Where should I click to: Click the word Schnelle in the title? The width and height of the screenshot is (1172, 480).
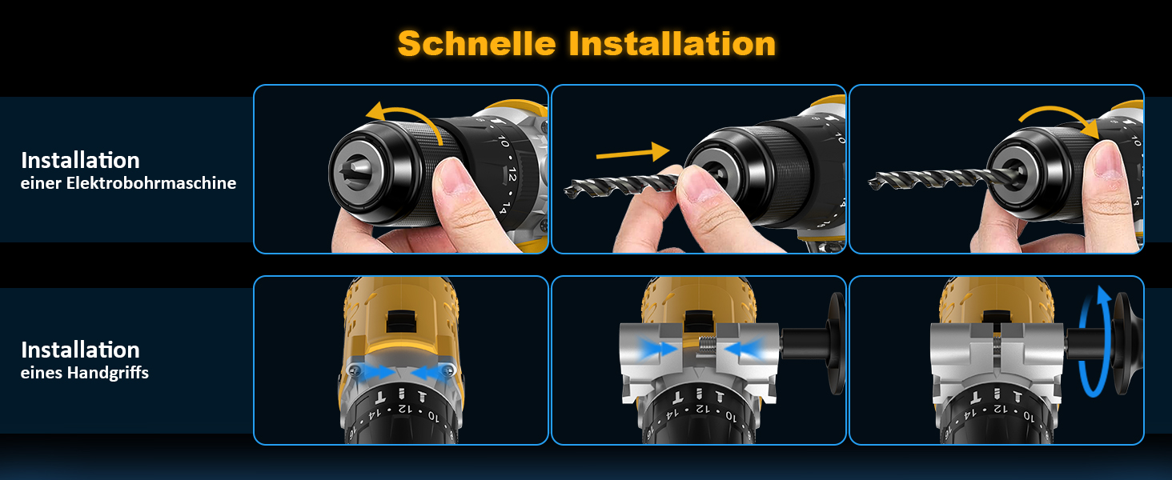coord(476,43)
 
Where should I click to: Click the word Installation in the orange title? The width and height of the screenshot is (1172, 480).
coord(672,43)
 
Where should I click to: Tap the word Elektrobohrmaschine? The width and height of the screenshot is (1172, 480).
coord(151,183)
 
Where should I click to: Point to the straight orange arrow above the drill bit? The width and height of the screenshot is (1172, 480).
coord(633,152)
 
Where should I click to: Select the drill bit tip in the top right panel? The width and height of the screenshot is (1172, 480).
coord(873,183)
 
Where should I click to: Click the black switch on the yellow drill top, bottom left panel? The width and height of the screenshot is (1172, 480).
coord(401,321)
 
